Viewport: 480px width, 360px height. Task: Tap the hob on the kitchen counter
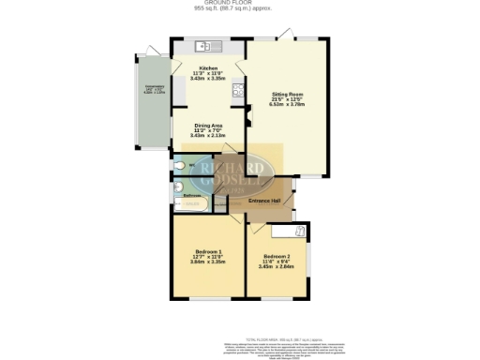pyautogui.click(x=238, y=91)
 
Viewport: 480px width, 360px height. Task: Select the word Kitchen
pyautogui.click(x=207, y=68)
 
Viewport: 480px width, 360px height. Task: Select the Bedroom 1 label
pyautogui.click(x=207, y=251)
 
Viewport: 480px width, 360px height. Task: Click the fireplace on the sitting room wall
pyautogui.click(x=248, y=118)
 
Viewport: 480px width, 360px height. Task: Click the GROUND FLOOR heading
pyautogui.click(x=240, y=4)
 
